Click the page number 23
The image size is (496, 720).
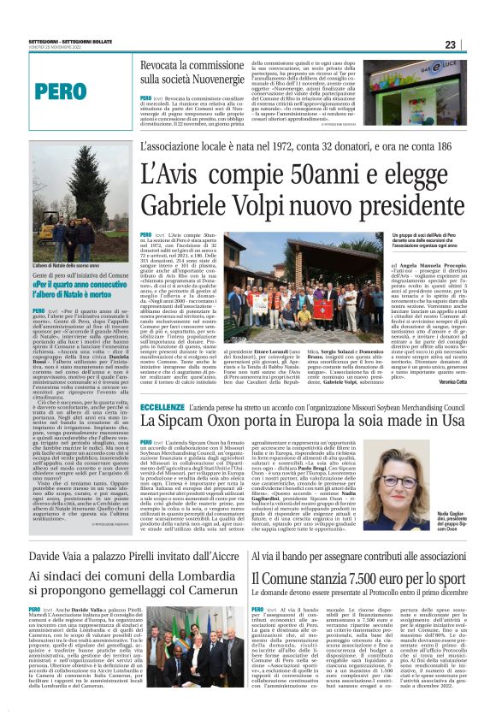point(474,44)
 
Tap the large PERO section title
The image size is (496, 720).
point(61,91)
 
